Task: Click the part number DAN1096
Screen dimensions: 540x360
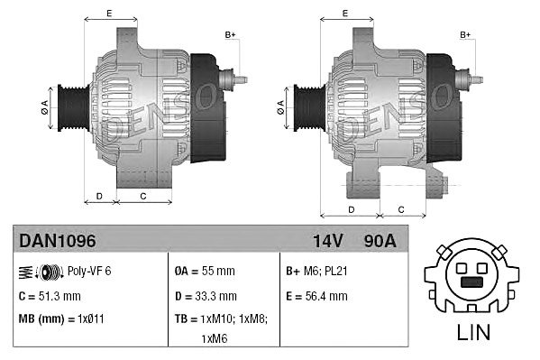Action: pos(58,241)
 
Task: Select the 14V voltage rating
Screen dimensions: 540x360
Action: pos(328,241)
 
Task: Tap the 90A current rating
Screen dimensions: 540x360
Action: pos(380,241)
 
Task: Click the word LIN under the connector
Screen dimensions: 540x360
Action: pos(473,332)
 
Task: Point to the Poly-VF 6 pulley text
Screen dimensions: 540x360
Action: pos(89,271)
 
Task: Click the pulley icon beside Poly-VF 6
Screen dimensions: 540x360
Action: pos(41,272)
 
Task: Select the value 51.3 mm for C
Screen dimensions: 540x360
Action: pos(59,296)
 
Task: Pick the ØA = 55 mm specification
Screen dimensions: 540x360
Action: pos(205,271)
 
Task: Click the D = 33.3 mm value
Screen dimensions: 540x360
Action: pos(206,296)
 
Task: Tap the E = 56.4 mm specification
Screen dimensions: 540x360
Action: pos(316,296)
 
